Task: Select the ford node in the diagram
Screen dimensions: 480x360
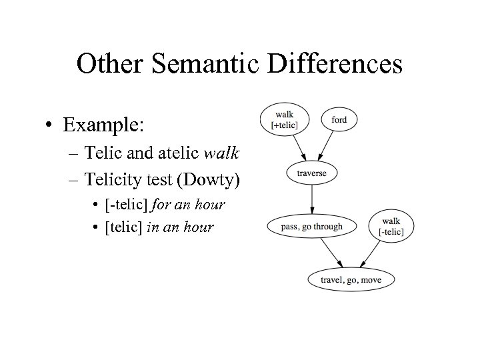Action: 339,120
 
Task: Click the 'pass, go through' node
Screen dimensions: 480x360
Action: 312,227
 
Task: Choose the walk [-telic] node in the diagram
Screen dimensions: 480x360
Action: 391,226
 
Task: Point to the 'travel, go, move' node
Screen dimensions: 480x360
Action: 351,279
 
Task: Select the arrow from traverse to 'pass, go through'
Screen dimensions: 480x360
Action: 312,199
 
